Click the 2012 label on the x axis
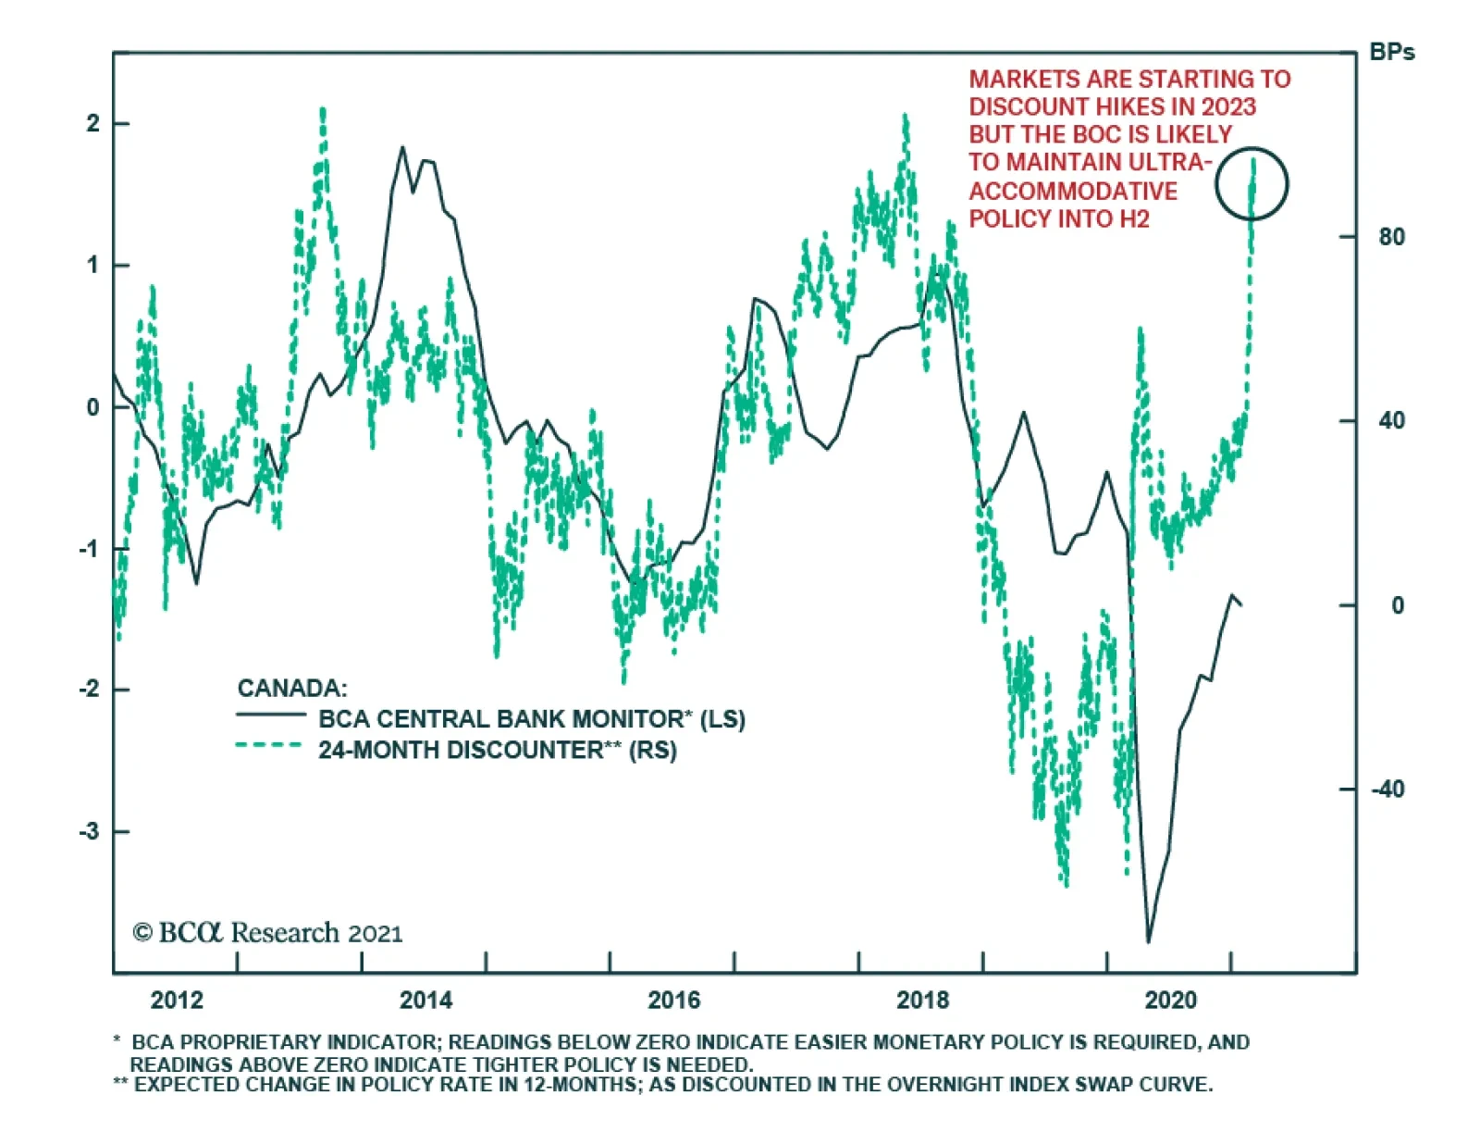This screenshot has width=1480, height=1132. (177, 1000)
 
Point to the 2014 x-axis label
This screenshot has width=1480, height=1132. (425, 1000)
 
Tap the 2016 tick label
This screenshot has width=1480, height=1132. (674, 1000)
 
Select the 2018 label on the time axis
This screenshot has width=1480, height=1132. (922, 1000)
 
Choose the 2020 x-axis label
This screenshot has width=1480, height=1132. (1170, 1000)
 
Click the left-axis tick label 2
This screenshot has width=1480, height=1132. (92, 124)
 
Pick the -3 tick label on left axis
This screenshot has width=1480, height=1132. (89, 831)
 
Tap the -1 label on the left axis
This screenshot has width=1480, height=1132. (89, 549)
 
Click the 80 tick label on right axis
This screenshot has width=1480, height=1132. (1391, 237)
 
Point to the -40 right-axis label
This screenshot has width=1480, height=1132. (1387, 790)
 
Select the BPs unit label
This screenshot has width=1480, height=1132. (1391, 53)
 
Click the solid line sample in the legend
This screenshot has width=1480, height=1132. (270, 715)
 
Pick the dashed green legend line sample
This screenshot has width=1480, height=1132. (270, 745)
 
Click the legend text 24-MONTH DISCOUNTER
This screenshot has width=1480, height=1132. (461, 750)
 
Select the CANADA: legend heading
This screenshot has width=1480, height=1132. (292, 688)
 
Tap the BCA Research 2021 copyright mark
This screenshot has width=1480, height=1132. (268, 932)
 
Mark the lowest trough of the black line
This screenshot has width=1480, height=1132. (1149, 941)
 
